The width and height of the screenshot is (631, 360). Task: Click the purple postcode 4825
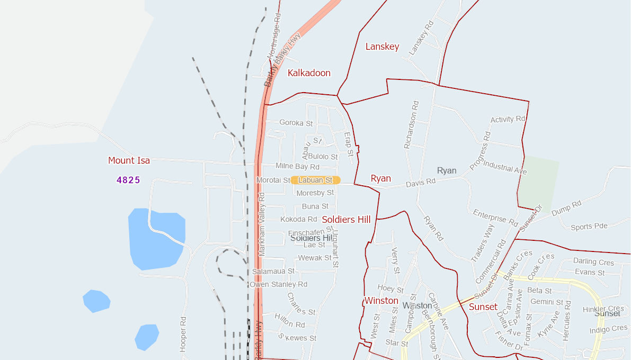128,180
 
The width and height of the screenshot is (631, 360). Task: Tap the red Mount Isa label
129,160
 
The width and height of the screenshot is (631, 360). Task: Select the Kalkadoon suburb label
309,73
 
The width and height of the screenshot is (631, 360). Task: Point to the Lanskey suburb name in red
382,47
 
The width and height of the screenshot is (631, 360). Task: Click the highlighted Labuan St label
315,181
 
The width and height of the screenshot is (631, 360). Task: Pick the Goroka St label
296,123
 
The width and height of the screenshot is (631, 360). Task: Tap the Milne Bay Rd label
297,166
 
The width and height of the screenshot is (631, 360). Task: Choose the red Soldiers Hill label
346,220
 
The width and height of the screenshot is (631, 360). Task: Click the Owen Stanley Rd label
279,284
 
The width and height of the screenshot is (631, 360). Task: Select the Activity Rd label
508,119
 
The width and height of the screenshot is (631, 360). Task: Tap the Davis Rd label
421,183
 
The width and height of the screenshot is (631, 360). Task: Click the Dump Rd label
566,207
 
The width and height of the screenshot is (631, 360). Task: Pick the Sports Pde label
589,227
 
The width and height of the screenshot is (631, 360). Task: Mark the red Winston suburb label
381,301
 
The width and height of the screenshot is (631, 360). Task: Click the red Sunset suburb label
483,307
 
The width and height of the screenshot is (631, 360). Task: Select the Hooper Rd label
183,335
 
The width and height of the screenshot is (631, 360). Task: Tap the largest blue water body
156,238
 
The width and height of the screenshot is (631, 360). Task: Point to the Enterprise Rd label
495,218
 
